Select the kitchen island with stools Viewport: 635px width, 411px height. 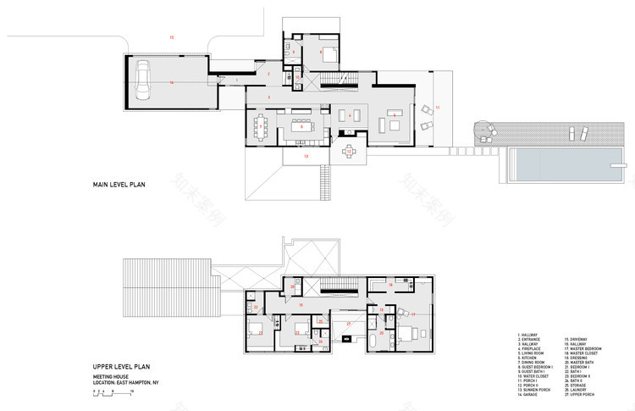click(302, 128)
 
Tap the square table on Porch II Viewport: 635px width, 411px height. click(350, 153)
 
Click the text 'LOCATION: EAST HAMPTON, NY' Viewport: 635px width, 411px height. click(128, 382)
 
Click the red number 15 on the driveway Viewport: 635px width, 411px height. click(171, 38)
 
